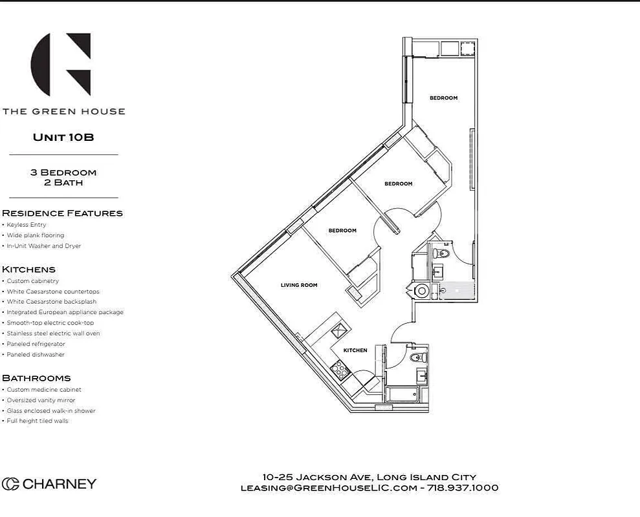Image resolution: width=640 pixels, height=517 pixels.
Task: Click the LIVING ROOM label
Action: pos(299,285)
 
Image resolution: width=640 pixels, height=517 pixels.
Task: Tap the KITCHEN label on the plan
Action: pos(355,350)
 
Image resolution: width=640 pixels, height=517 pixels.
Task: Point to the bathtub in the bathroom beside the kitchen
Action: pos(403,395)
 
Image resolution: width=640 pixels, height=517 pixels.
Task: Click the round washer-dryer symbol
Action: pos(422,291)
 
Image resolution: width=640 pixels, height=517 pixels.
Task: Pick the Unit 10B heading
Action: pos(63,137)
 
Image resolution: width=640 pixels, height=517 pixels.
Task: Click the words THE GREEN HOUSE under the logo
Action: pos(63,111)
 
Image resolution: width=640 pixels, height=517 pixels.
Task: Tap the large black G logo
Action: pos(61,65)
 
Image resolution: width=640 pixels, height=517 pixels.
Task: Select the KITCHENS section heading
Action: pos(28,269)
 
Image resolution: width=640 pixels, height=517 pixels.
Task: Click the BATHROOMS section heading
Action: pos(36,378)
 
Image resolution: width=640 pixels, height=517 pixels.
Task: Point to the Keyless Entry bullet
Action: pos(27,225)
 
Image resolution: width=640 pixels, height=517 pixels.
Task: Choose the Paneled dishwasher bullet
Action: pos(36,355)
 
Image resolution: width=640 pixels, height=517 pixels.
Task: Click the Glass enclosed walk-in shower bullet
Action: pos(51,411)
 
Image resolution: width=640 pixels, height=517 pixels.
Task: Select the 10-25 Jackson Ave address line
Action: pos(369,477)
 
